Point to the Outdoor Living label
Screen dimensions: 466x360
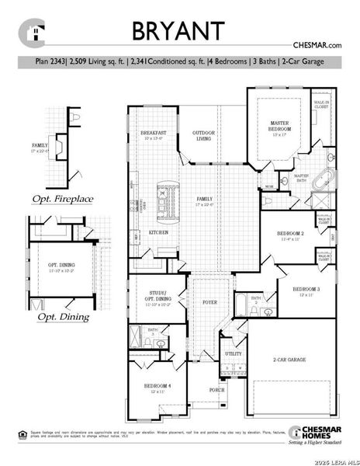coord(203,137)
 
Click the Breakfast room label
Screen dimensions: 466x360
coord(153,133)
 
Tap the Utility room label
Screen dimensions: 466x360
coord(233,354)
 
